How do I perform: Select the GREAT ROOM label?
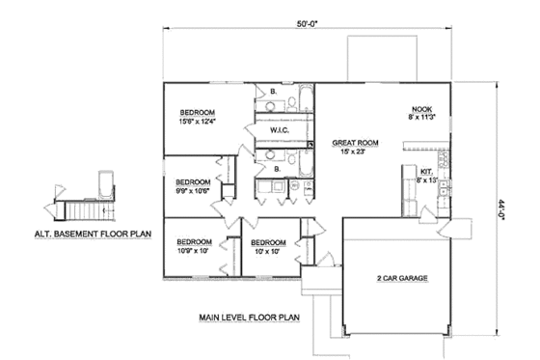pos(355,141)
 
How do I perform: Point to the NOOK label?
pos(420,109)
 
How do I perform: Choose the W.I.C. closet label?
pos(281,128)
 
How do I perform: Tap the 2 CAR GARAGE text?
pos(402,278)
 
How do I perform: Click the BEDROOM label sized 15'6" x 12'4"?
pos(197,111)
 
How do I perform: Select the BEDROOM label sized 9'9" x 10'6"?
pos(193,181)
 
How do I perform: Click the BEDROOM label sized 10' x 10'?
pos(267,242)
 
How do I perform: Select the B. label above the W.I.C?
pos(275,93)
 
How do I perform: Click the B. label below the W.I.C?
pos(277,168)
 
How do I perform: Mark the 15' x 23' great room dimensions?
pos(355,151)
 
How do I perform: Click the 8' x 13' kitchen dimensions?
pos(426,180)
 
